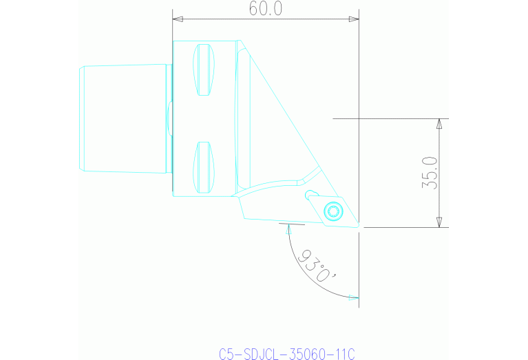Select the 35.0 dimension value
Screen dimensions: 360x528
coord(430,172)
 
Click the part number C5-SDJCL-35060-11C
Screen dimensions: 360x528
coord(286,354)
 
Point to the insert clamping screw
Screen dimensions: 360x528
coord(334,211)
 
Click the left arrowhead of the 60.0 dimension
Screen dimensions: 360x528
coord(177,19)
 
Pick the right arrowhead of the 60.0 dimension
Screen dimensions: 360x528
coord(354,19)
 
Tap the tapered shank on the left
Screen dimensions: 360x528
coord(124,118)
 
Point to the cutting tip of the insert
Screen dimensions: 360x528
coord(359,225)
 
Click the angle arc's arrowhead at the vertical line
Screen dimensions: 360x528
coord(354,298)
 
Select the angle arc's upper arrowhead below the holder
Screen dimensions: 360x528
coord(289,231)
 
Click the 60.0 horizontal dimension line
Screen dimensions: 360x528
coord(227,19)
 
